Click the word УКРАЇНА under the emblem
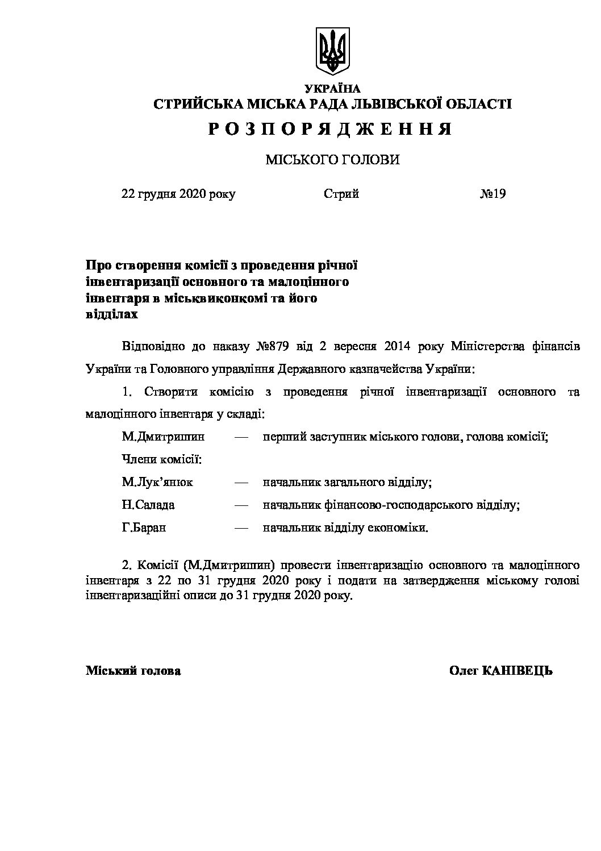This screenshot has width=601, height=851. [332, 88]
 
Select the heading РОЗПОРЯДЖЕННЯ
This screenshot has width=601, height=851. [330, 130]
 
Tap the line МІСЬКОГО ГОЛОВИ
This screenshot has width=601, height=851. [332, 160]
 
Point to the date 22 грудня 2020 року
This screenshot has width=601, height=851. [178, 194]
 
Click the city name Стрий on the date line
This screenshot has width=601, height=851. [341, 194]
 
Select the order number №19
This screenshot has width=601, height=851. [493, 194]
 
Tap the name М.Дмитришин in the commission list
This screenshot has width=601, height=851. [163, 437]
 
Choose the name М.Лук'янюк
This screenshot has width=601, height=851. [157, 482]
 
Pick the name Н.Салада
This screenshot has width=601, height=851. [148, 505]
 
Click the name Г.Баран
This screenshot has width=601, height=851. [144, 528]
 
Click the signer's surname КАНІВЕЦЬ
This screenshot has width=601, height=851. [517, 671]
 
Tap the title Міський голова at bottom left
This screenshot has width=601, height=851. [133, 671]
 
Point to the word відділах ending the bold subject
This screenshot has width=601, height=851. [111, 313]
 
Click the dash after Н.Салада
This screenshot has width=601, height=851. [241, 505]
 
